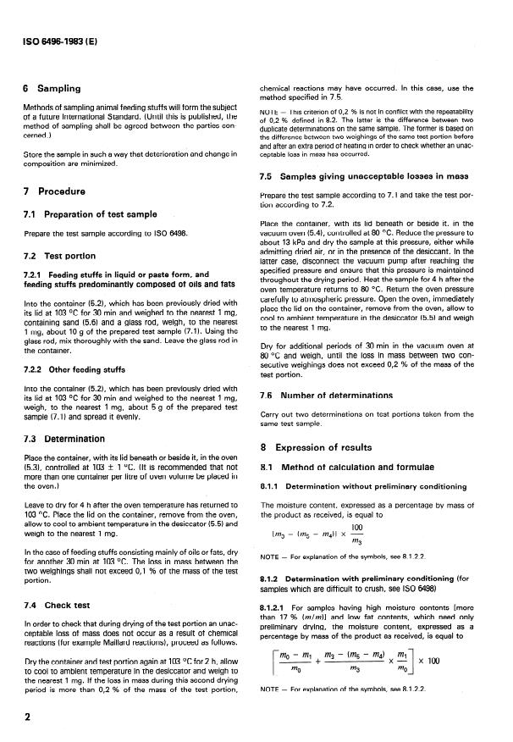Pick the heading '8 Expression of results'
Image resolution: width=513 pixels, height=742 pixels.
tap(323, 446)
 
